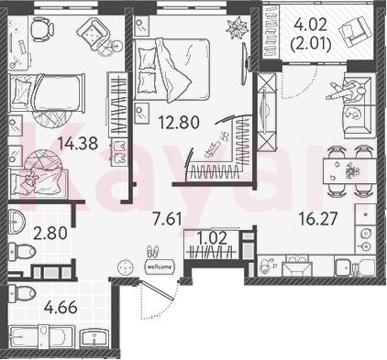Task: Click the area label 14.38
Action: [x=78, y=143]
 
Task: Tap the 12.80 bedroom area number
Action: [x=179, y=123]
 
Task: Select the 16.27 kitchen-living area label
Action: [x=318, y=219]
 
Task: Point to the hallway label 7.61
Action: [x=168, y=219]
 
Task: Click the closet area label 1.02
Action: [x=212, y=238]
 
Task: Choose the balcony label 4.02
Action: [x=310, y=25]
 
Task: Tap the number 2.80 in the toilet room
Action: [x=50, y=235]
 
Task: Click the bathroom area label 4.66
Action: [x=60, y=308]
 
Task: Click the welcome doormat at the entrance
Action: [x=160, y=267]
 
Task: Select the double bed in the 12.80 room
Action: [x=172, y=70]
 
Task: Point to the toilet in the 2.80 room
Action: [x=22, y=251]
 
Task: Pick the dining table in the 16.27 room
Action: [x=348, y=171]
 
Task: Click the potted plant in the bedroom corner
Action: [x=238, y=28]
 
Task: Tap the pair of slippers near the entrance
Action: [x=153, y=251]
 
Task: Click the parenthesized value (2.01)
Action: [x=311, y=45]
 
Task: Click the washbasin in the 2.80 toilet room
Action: [x=17, y=222]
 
